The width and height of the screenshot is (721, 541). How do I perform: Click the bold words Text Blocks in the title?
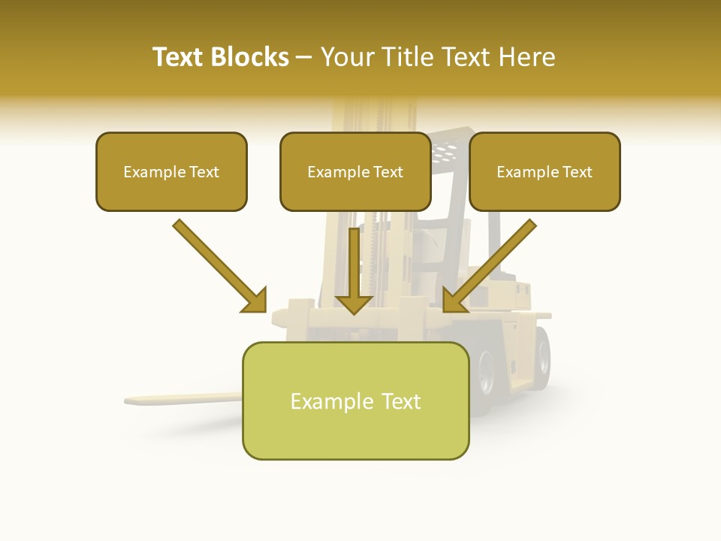point(221,57)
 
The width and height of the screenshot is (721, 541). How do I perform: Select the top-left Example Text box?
point(171,172)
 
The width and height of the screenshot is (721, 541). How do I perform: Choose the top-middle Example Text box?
point(355,172)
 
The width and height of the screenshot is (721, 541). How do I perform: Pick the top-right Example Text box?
point(545,172)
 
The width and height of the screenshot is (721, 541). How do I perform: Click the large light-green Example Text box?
point(355,401)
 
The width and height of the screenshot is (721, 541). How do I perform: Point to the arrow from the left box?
point(218,264)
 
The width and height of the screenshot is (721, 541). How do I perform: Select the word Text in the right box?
point(577,172)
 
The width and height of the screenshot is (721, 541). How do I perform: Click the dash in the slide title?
point(304,57)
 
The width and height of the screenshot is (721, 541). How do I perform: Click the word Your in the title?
point(347,57)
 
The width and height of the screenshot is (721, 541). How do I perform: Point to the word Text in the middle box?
point(388,172)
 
